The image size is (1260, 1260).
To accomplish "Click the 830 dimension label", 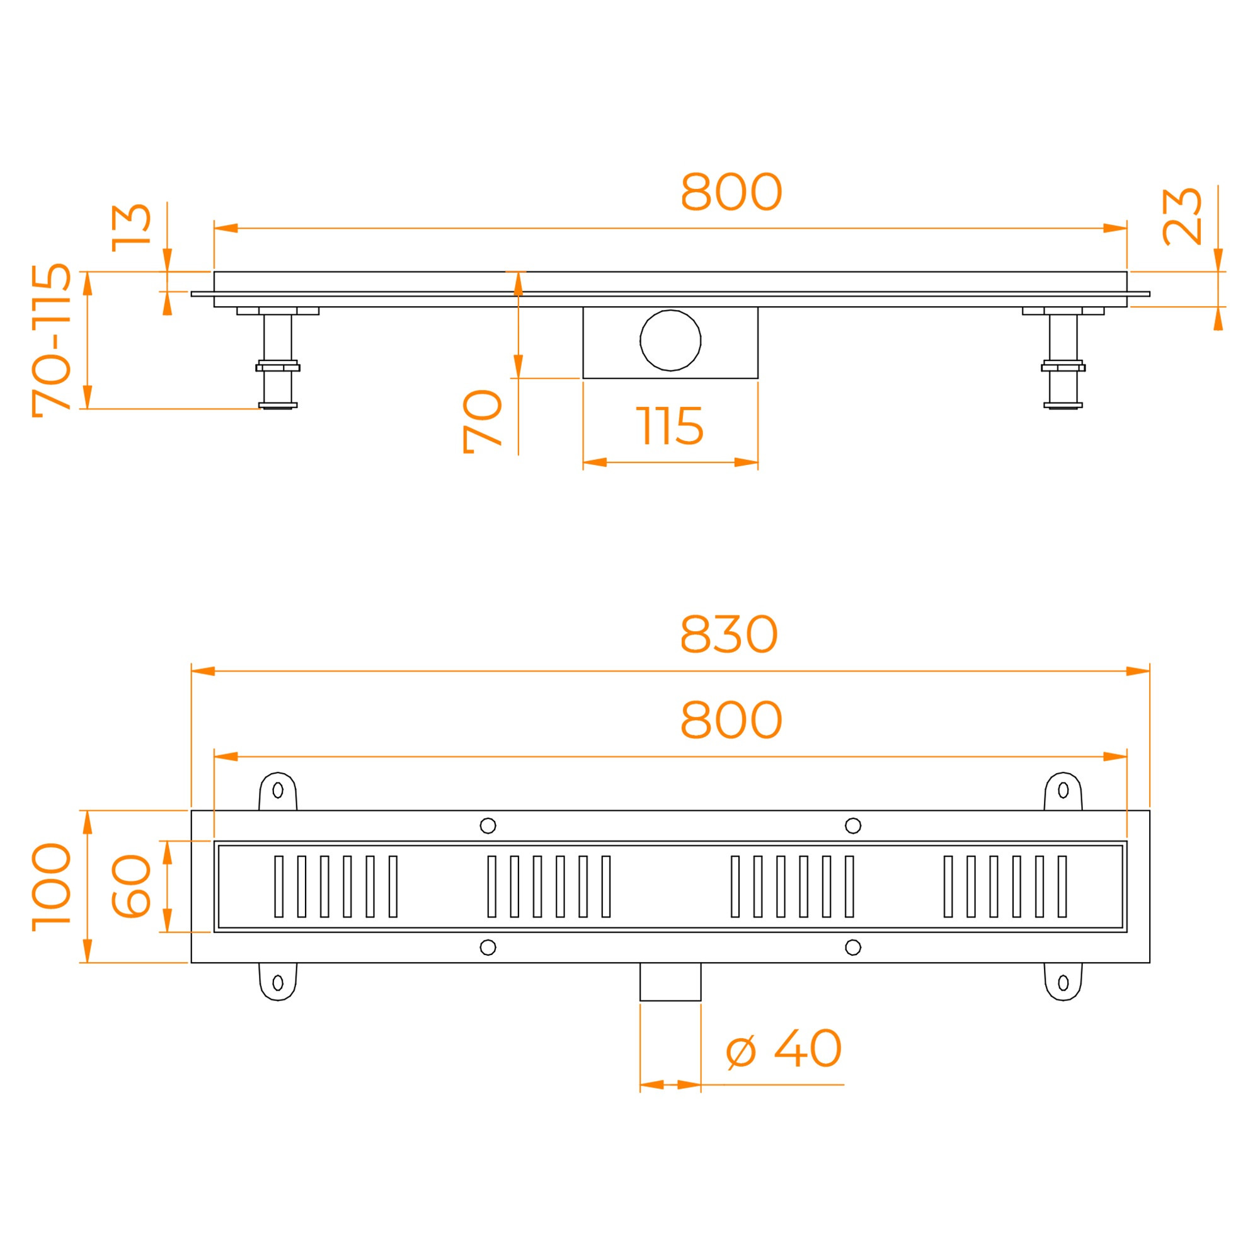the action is click(x=728, y=634).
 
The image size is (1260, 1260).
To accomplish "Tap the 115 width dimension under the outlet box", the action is click(x=670, y=426).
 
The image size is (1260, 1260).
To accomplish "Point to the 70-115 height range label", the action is click(x=52, y=340).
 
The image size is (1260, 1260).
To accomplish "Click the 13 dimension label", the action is click(x=131, y=227).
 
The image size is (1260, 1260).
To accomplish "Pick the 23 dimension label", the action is click(x=1182, y=217).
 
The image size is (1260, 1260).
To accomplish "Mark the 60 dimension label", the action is click(x=131, y=886).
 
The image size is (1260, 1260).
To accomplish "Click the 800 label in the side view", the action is click(x=731, y=192).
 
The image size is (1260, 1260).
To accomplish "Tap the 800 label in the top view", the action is click(x=731, y=720).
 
